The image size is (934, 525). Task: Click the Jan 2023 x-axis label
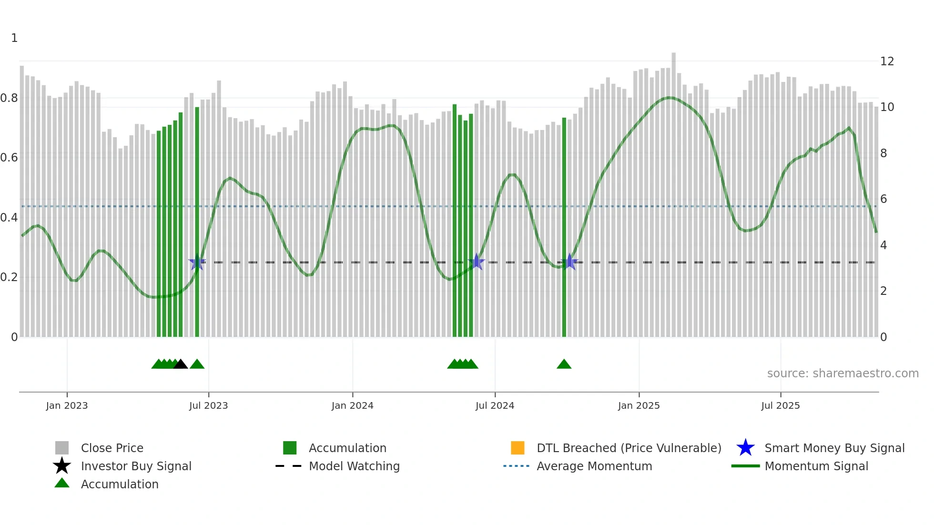[67, 405]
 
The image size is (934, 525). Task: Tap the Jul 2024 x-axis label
[495, 405]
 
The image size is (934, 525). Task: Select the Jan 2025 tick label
[639, 405]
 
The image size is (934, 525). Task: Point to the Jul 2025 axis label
[780, 405]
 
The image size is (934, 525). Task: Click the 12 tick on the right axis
[887, 61]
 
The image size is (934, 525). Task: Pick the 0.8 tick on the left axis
[9, 98]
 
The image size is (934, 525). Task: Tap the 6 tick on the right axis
[883, 199]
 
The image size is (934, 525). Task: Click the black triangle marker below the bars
[180, 364]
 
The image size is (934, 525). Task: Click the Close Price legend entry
[112, 448]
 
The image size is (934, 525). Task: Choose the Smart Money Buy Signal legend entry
[834, 448]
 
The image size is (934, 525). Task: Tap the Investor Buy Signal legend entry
[136, 466]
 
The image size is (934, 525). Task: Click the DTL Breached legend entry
[629, 448]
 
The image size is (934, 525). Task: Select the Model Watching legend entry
[354, 466]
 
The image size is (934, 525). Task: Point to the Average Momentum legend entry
[594, 466]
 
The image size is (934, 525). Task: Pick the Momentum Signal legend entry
[816, 466]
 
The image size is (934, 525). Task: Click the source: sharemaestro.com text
[843, 374]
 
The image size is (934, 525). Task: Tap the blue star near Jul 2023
[197, 262]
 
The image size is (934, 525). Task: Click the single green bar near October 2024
[564, 227]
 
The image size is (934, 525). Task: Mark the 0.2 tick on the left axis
[9, 277]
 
